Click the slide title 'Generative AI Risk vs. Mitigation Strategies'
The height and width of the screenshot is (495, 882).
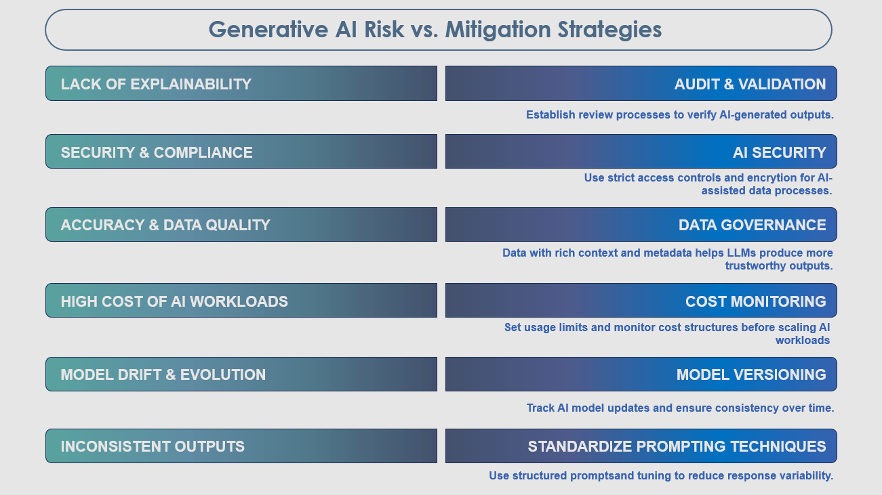pos(435,30)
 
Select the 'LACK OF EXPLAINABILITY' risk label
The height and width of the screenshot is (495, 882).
pos(156,84)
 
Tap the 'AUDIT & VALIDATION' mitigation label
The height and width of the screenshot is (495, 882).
pos(750,84)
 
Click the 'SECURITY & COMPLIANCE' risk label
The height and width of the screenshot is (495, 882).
pos(157,152)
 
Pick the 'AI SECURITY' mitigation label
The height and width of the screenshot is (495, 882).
pos(779,152)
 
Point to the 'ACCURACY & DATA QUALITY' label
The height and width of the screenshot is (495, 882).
pos(165,225)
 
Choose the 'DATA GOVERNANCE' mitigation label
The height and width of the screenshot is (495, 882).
pos(752,225)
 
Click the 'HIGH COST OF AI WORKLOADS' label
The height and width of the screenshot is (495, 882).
pos(174,301)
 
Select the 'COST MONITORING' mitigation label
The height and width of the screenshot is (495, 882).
pos(756,301)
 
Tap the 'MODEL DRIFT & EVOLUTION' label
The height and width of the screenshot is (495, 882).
pos(163,374)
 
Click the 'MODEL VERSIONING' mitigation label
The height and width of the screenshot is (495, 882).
pos(751,374)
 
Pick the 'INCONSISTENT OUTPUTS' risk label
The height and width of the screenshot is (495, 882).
pos(153,447)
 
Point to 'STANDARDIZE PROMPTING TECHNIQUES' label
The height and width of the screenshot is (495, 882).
pos(677,447)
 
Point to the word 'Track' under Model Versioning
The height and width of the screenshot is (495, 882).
pos(540,408)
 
